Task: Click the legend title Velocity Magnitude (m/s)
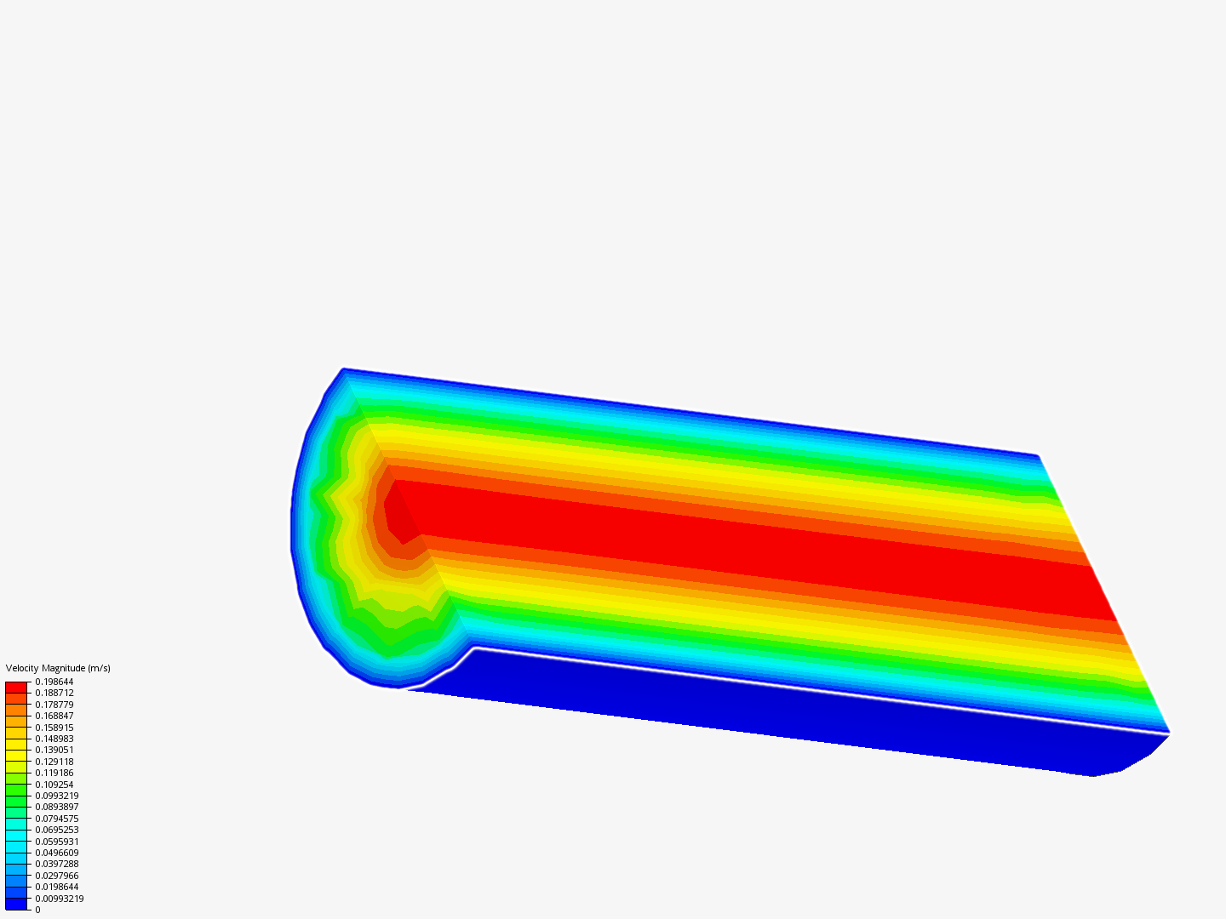(58, 668)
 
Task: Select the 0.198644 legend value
(54, 682)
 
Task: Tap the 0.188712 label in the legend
(54, 693)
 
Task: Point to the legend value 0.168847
(54, 716)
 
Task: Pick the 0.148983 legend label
(54, 739)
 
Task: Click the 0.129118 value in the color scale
(54, 762)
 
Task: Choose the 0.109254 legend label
(54, 785)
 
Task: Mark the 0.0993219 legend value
(57, 796)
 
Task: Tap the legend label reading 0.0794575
(57, 819)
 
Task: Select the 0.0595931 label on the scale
(57, 842)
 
